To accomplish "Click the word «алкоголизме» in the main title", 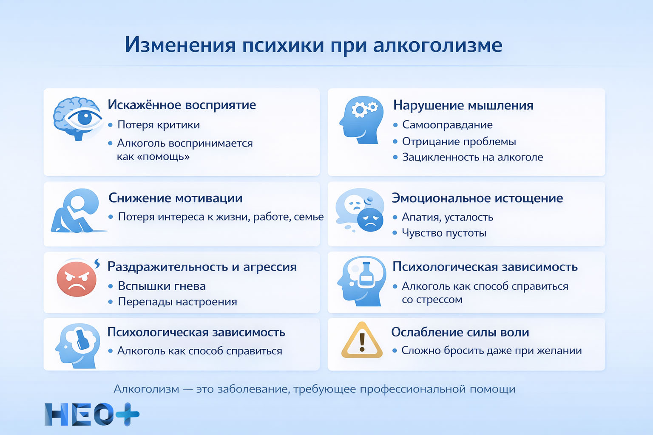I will [x=437, y=45].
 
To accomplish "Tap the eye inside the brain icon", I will [x=84, y=118].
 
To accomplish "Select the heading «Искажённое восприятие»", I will [x=182, y=105].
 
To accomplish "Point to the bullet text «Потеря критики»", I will [x=158, y=125].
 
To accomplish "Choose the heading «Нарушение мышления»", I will [x=463, y=105].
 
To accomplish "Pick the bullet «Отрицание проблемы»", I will [x=459, y=141].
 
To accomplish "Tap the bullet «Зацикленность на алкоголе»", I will [x=472, y=157].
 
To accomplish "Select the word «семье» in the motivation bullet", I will [x=309, y=217].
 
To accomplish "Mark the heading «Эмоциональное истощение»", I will [x=477, y=198].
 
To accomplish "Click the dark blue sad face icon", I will [x=370, y=220].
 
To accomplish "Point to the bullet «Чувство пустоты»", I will [x=444, y=233].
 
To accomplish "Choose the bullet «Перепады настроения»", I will [x=177, y=302].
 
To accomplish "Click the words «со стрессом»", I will [x=432, y=299].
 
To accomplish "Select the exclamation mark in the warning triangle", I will [x=362, y=342].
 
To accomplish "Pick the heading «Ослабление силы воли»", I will [x=460, y=332].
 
